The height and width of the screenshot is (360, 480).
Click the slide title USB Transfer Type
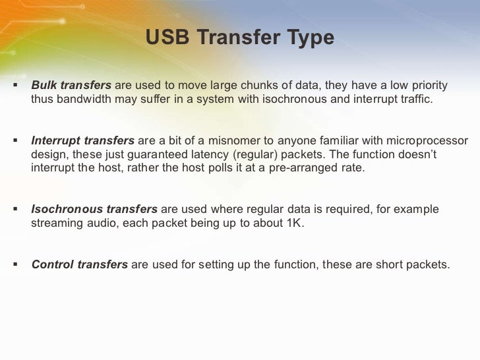coord(240,38)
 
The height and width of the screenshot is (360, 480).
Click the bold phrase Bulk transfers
coord(72,86)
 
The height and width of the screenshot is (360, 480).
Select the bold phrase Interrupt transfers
coord(83,142)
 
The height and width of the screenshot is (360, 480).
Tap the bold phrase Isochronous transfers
coord(94,210)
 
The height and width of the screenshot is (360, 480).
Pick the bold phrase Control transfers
coord(80,265)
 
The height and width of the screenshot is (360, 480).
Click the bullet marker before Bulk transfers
coord(15,86)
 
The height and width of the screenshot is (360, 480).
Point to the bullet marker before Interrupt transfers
coord(15,142)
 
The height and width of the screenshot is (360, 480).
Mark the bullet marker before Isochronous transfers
coord(15,210)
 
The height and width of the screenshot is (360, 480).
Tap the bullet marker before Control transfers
coord(15,265)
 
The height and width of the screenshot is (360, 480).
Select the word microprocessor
coord(428,142)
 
